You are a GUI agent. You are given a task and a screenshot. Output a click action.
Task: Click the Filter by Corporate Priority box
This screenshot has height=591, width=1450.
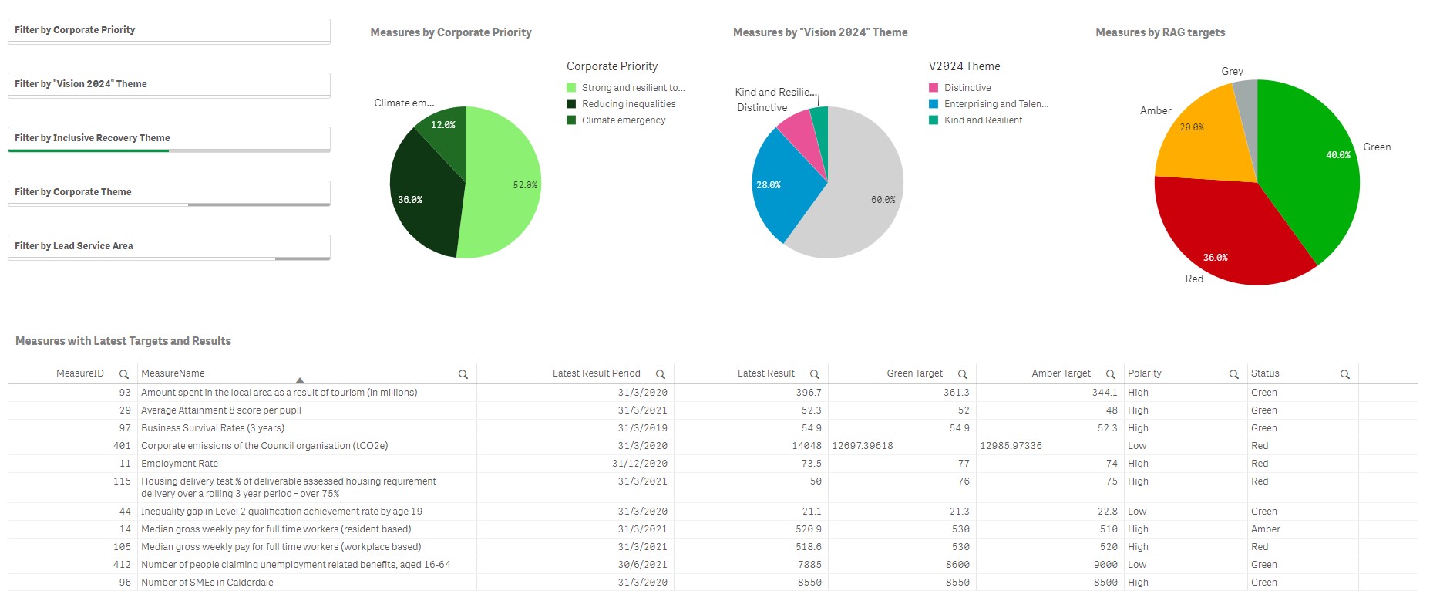tap(169, 30)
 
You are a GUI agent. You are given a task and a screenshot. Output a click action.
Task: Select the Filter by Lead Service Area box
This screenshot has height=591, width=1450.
tap(169, 246)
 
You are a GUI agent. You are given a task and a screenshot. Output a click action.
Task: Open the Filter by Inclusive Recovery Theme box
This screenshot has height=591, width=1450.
tap(169, 138)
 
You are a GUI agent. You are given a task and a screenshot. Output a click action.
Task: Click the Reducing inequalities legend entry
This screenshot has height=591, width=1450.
tap(627, 104)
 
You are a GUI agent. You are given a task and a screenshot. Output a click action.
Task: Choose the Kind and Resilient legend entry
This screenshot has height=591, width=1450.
tap(982, 120)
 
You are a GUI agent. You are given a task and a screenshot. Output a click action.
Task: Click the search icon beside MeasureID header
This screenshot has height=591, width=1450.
tap(123, 374)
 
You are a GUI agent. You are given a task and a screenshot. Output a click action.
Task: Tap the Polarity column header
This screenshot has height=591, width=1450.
tap(1145, 373)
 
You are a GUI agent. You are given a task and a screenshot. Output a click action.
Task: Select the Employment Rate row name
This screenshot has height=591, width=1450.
tap(180, 464)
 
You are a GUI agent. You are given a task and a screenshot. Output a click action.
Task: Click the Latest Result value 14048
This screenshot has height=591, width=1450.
tap(806, 446)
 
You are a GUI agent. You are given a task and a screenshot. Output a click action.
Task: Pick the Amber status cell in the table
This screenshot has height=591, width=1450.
tap(1265, 529)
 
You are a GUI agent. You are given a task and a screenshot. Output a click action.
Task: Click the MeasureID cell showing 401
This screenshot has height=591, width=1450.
tap(122, 446)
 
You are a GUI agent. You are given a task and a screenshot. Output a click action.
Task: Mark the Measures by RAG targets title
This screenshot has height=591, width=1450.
tap(1159, 32)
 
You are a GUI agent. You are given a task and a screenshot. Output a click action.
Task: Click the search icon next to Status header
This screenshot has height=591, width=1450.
tap(1344, 374)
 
